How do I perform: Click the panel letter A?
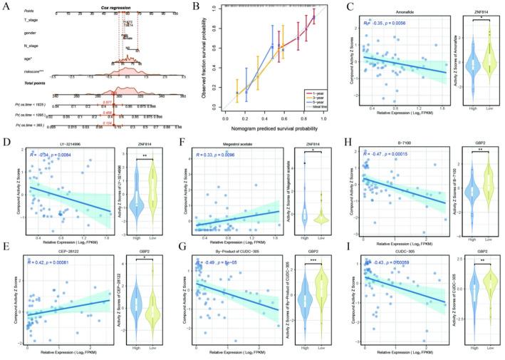point(6,6)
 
